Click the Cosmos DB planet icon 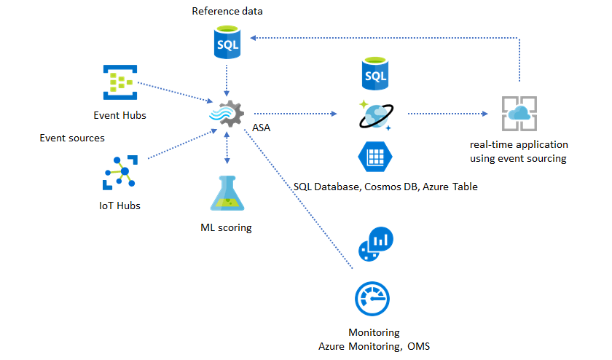[375, 114]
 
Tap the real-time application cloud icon [519, 114]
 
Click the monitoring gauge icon [373, 299]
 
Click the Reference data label [227, 11]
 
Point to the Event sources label [72, 137]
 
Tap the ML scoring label [226, 227]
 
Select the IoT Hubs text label [119, 206]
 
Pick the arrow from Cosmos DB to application [446, 114]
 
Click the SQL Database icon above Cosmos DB [375, 73]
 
